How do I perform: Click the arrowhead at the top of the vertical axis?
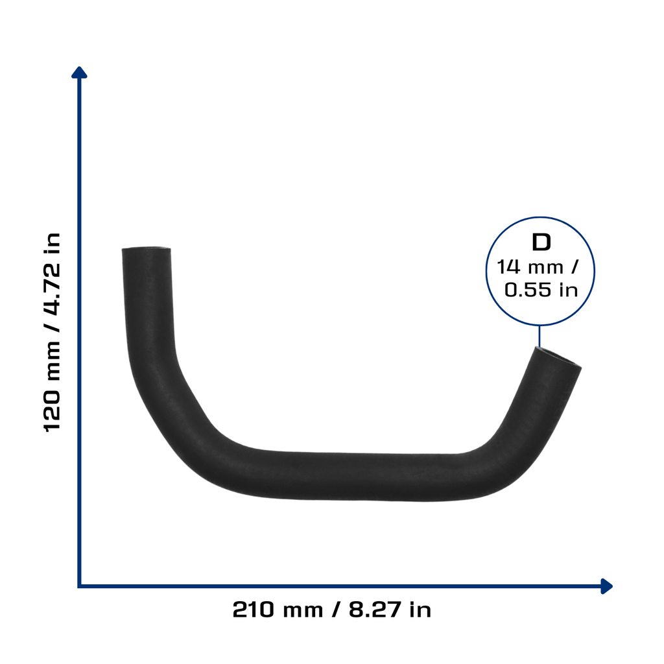pos(79,73)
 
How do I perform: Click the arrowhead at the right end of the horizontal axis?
pos(606,586)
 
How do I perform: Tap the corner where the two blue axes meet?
pos(79,586)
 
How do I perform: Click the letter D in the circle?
pos(541,243)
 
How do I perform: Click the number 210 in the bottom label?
pos(254,610)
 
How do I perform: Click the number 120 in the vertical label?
pos(53,411)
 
